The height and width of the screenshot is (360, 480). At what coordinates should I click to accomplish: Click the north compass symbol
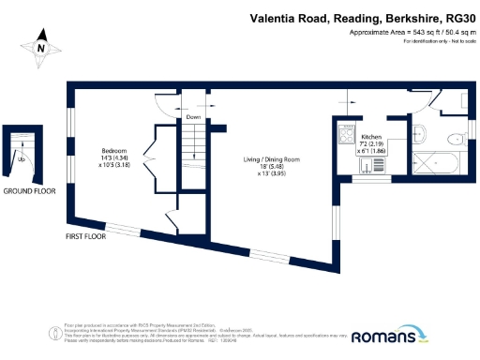[40, 45]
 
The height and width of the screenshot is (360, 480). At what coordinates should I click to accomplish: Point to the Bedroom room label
[115, 150]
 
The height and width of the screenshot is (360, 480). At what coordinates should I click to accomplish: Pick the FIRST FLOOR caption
[84, 236]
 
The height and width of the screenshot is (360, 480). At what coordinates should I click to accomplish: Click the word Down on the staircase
[194, 117]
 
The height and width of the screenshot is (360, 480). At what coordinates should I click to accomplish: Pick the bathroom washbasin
[420, 132]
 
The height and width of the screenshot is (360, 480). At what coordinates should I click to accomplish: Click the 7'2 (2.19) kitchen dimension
[367, 143]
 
